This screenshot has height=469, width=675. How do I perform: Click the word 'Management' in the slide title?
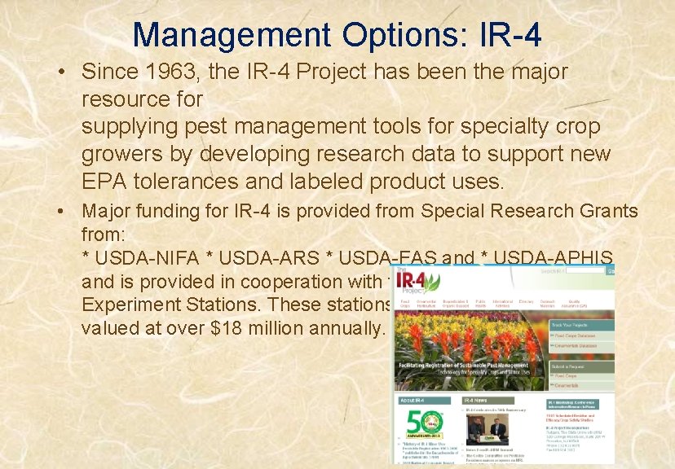click(232, 35)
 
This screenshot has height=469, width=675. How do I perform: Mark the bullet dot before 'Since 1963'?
click(63, 72)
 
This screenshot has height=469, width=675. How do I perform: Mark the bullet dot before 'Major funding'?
click(63, 212)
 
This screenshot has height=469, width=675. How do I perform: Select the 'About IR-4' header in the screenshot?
click(413, 401)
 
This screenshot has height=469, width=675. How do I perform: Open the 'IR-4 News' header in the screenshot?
click(477, 401)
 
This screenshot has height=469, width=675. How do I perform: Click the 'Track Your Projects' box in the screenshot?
click(571, 325)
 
